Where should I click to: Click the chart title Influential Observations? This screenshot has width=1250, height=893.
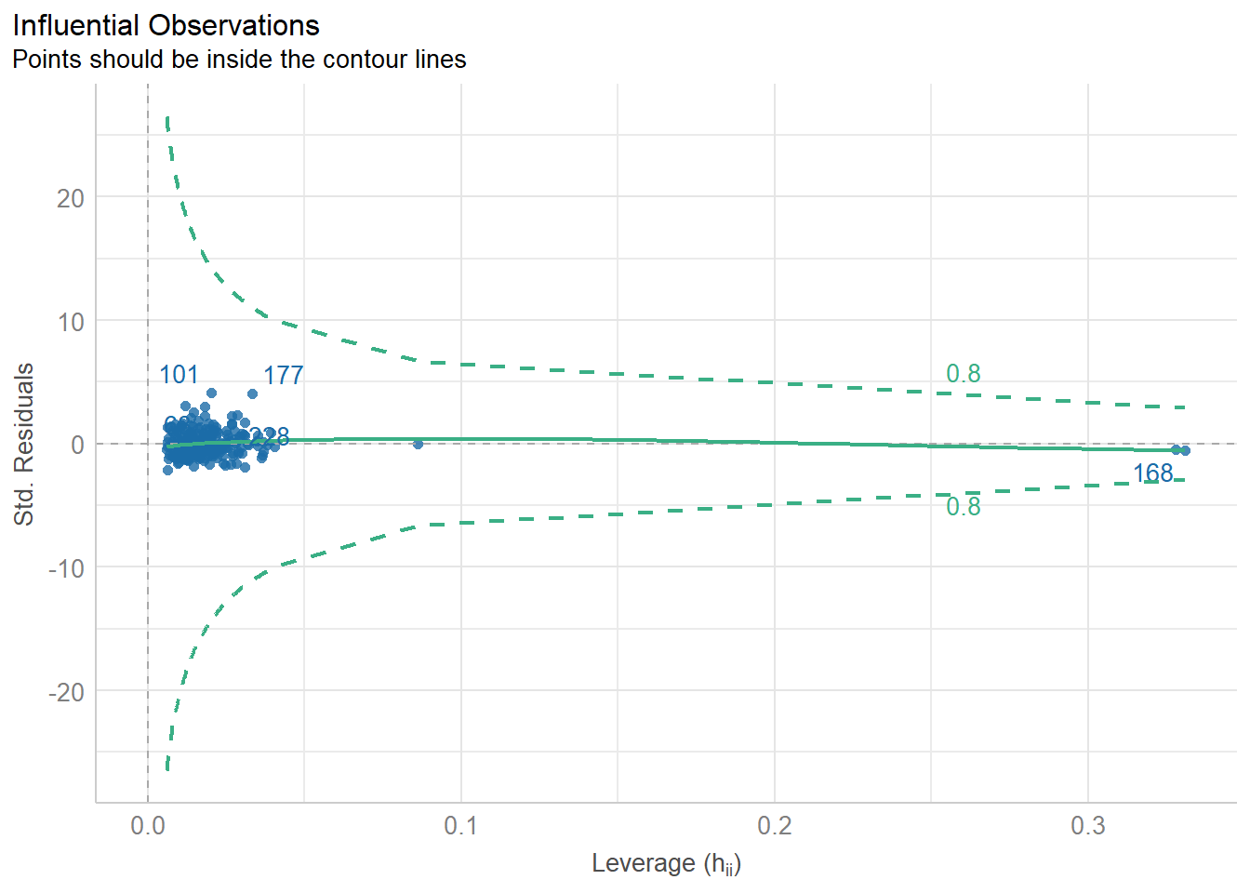(x=166, y=25)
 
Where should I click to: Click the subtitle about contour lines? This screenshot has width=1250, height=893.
(x=239, y=60)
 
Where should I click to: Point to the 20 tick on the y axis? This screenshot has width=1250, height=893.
(x=70, y=198)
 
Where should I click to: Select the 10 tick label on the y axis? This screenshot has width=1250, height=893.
(x=70, y=322)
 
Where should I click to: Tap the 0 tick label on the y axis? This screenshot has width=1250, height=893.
(x=77, y=445)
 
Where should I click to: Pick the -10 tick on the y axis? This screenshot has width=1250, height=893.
(x=66, y=568)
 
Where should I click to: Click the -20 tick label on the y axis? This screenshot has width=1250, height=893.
(x=66, y=692)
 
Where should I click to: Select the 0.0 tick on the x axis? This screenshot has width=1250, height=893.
(x=147, y=826)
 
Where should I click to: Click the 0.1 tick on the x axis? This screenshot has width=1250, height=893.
(x=460, y=826)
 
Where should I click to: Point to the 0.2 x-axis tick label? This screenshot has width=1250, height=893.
(x=774, y=826)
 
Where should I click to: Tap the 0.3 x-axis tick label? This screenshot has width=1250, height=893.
(x=1087, y=826)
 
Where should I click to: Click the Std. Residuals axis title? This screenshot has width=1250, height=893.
(x=24, y=445)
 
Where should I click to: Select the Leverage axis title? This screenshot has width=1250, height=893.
(x=666, y=864)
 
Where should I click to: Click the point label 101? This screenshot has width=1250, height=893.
(x=179, y=375)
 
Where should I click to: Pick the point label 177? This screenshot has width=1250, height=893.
(x=283, y=375)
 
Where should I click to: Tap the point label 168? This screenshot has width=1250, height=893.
(x=1152, y=473)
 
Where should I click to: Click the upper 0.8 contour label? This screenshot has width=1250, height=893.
(x=963, y=374)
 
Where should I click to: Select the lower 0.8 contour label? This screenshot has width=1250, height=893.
(x=963, y=507)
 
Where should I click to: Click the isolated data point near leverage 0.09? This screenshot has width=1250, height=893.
(x=418, y=445)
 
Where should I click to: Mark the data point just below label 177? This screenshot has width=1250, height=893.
(x=252, y=393)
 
